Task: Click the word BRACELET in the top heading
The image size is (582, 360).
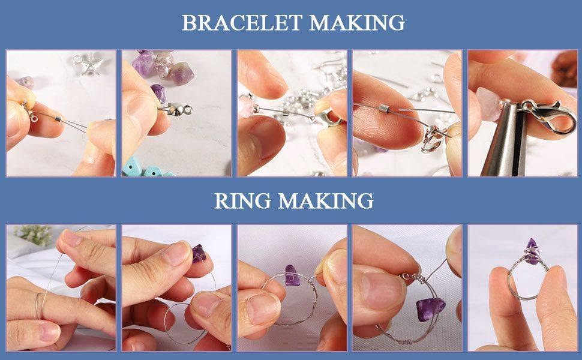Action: tap(242, 23)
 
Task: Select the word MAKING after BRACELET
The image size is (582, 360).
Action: tap(356, 23)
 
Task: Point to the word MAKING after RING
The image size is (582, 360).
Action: tap(326, 201)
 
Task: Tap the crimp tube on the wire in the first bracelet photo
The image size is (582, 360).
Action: tap(58, 118)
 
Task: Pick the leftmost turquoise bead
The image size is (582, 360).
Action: tap(133, 167)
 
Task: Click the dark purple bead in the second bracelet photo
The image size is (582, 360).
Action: tap(158, 93)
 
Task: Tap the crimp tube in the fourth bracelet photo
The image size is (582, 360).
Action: tap(383, 109)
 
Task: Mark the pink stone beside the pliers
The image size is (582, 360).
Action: tap(488, 104)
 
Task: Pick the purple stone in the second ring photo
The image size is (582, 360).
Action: tap(199, 253)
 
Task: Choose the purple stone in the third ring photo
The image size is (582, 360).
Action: tap(292, 275)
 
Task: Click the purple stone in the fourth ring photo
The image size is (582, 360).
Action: tap(431, 310)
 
